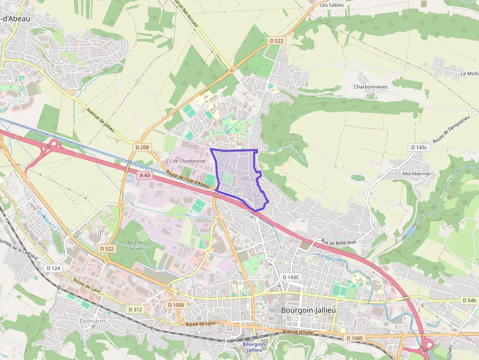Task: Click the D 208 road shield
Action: pos(143,147)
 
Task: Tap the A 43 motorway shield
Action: pos(145,175)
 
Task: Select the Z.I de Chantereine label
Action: pos(186,161)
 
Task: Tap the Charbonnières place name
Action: pos(370,86)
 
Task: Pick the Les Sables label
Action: pos(332,5)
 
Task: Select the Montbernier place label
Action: pos(417,173)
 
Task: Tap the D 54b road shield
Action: pos(468,300)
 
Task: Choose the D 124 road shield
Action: pos(53,268)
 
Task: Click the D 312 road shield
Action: pos(135,309)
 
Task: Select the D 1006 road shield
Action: pos(176,305)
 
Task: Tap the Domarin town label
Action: pos(92,321)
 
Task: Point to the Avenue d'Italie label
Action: pos(298,332)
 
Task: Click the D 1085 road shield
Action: pos(355,338)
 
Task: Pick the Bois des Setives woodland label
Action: pos(136,246)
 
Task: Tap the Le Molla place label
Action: pos(469,73)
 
